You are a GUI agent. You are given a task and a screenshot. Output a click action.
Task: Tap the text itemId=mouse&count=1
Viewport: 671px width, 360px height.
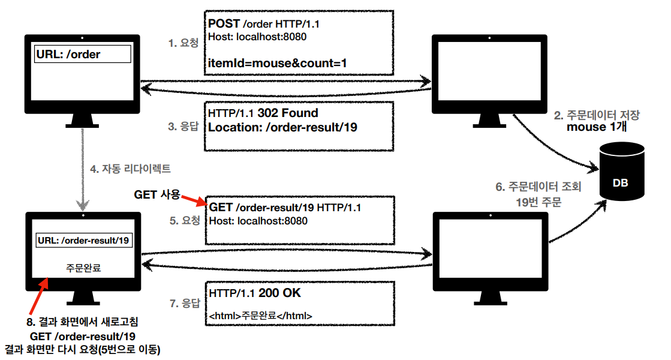point(278,62)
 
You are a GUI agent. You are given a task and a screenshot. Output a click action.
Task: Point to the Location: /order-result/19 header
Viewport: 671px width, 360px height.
point(282,127)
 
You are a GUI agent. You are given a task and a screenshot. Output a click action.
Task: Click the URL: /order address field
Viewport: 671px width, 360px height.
point(83,55)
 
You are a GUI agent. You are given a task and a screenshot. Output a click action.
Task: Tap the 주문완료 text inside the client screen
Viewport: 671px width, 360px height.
point(83,268)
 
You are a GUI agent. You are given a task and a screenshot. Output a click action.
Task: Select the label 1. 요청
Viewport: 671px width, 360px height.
point(183,43)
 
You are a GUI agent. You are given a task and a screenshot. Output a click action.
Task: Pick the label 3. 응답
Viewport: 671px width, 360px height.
point(183,127)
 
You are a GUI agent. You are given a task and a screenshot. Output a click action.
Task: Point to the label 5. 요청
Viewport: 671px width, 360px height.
point(183,221)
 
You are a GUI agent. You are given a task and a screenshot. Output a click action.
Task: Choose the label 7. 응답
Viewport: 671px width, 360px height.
point(183,304)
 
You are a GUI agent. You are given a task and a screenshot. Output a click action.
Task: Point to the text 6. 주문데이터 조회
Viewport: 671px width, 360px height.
point(538,187)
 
